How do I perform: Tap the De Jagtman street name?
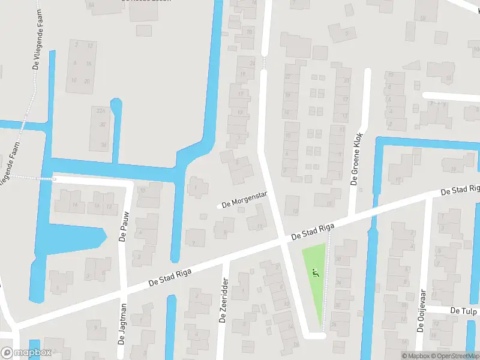click(122, 325)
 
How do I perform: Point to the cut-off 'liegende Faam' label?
click(8, 163)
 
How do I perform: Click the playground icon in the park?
click(316, 274)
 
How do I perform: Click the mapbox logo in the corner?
click(26, 353)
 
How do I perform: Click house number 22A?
click(101, 111)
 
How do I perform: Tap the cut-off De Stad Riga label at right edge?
click(460, 190)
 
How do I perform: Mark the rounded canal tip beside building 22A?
click(116, 104)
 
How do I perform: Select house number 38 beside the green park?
click(338, 259)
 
